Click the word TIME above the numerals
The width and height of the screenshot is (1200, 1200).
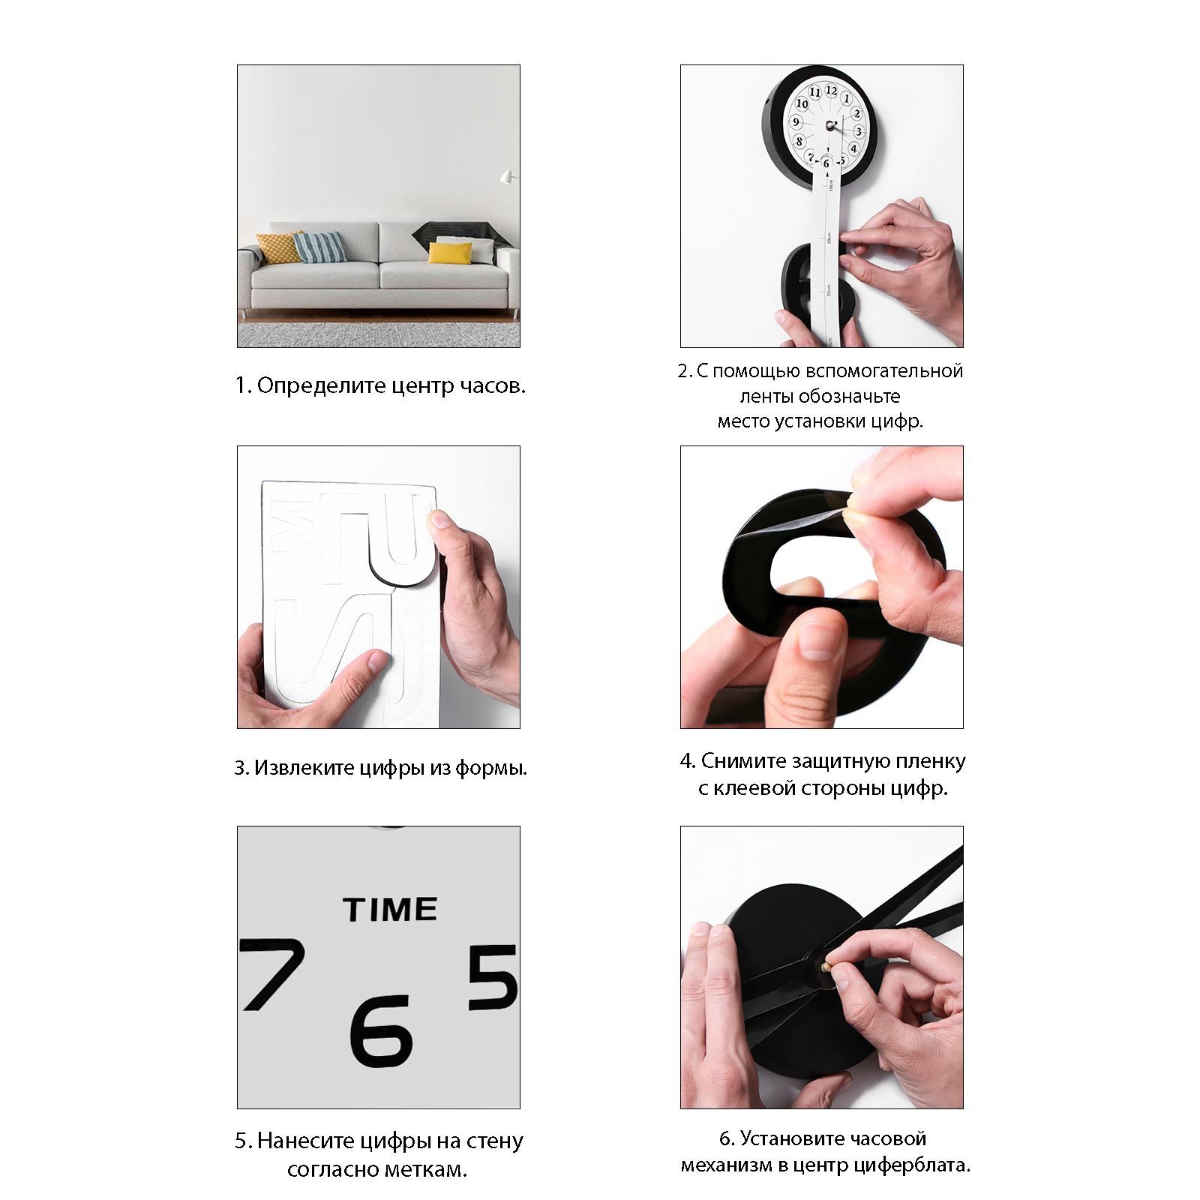click(x=390, y=909)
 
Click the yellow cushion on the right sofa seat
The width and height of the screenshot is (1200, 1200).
click(x=450, y=253)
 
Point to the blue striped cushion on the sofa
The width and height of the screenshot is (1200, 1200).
click(x=319, y=247)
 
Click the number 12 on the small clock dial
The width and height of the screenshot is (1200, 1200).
click(x=831, y=90)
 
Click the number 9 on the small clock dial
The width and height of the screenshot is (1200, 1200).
click(x=796, y=121)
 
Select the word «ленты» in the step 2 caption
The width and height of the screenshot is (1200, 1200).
click(x=765, y=396)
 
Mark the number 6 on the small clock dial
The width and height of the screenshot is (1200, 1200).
click(x=826, y=163)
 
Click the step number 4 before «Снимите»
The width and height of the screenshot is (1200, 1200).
click(x=685, y=762)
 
